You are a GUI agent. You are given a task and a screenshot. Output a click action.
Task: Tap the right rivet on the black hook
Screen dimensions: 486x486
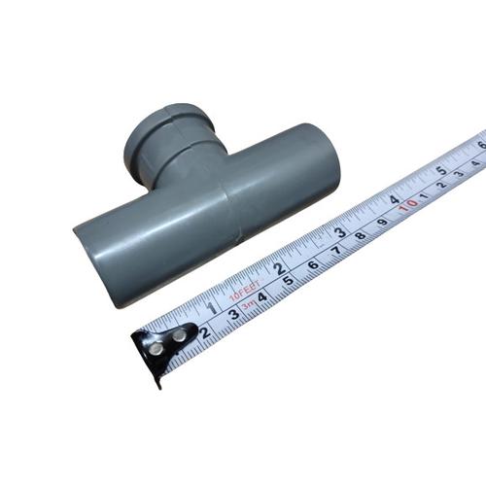point(179,334)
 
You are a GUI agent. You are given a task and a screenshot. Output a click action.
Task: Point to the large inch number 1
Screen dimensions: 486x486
point(213,309)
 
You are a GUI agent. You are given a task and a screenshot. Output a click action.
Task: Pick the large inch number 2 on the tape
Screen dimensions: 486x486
point(279,268)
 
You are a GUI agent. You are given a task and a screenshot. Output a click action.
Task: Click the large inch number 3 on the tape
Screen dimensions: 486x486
point(340,232)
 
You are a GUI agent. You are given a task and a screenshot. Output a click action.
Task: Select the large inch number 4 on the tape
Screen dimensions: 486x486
point(395,199)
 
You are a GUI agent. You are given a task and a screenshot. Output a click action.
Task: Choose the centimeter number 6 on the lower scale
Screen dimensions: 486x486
point(313,264)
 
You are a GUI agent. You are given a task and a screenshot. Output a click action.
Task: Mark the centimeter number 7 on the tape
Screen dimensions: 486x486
point(336,250)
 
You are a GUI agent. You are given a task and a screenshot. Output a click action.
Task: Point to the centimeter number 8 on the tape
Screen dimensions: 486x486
point(360,235)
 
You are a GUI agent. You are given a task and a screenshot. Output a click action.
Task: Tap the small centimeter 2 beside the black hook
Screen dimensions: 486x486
point(204,332)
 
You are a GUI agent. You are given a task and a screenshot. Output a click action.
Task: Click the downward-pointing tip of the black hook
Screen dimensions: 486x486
point(156,383)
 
